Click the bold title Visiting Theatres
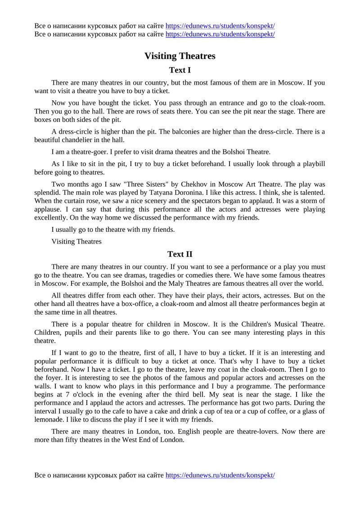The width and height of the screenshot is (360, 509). coord(180,56)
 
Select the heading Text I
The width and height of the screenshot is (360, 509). coord(180,70)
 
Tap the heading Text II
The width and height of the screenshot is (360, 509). coord(180,254)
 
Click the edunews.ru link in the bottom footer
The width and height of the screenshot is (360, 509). coord(220,475)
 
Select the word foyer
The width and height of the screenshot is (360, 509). coord(55,378)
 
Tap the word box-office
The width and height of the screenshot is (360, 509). coord(144,304)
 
